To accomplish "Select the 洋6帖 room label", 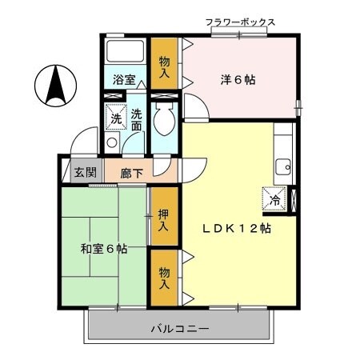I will pyautogui.click(x=238, y=80).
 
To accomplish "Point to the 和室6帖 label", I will pyautogui.click(x=103, y=249).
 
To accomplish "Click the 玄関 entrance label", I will pyautogui.click(x=86, y=171).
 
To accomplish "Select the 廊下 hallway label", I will pyautogui.click(x=131, y=172).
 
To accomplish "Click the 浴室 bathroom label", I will pyautogui.click(x=123, y=81).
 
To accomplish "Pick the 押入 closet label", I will pyautogui.click(x=163, y=220).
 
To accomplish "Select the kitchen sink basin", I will pyautogui.click(x=283, y=168).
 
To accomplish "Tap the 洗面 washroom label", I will pyautogui.click(x=137, y=119).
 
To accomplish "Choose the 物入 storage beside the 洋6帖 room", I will pyautogui.click(x=165, y=66).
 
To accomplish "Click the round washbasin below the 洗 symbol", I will pyautogui.click(x=113, y=142).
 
